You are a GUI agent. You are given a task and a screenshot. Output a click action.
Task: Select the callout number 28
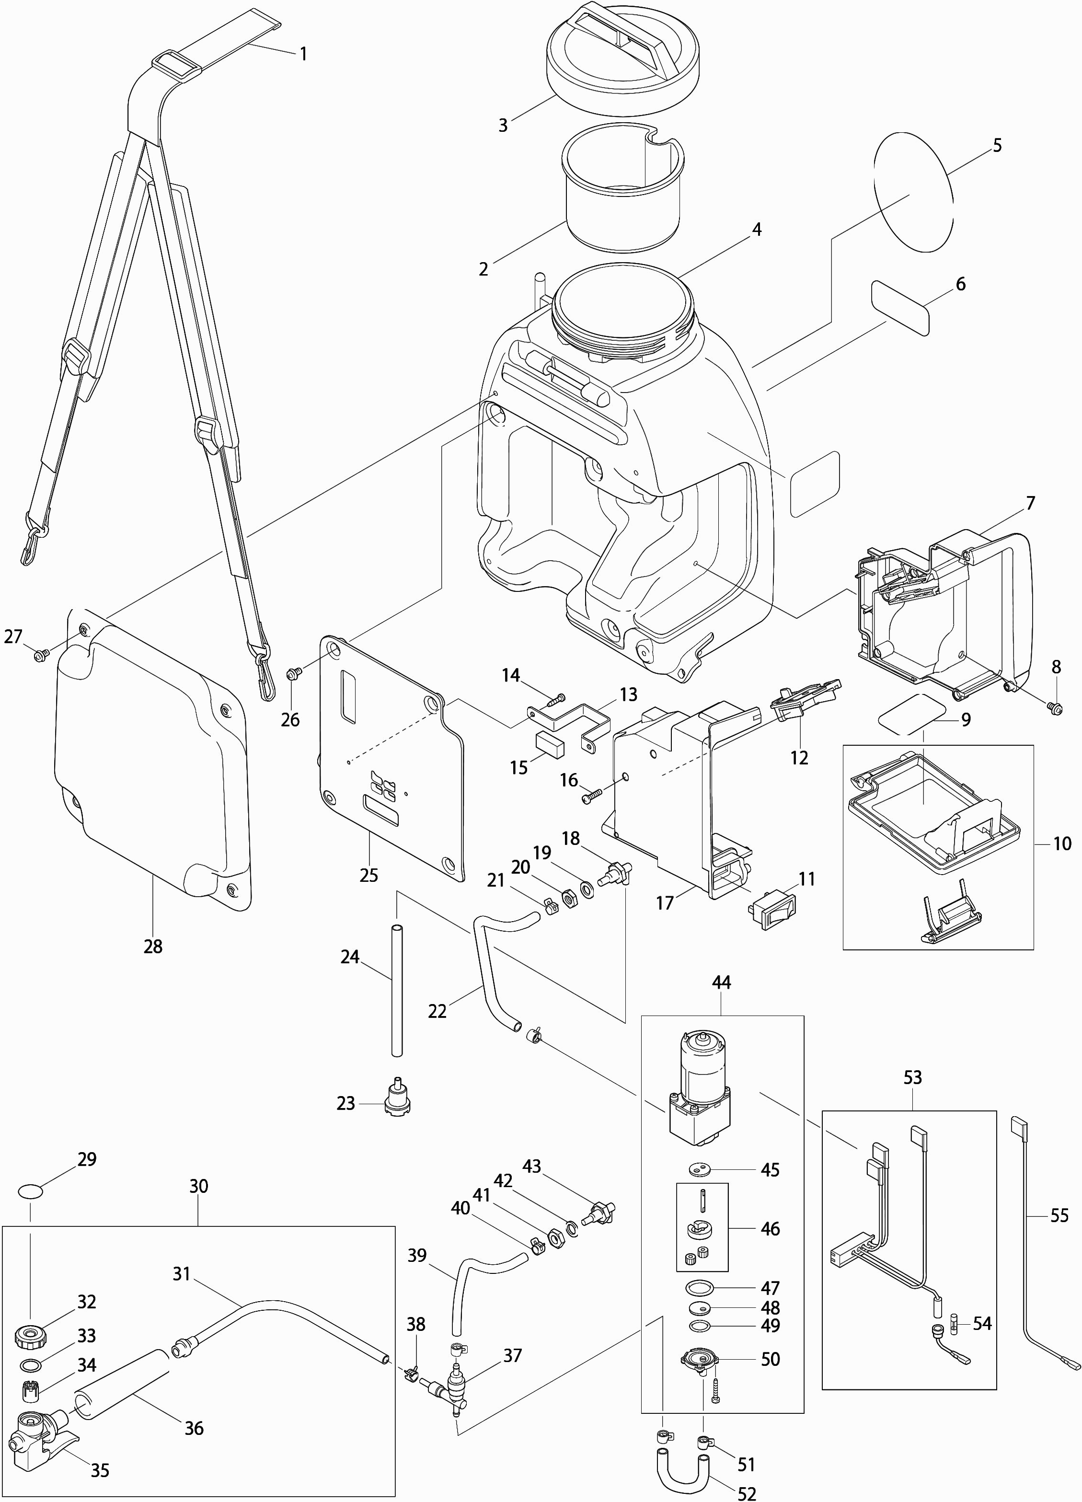[153, 947]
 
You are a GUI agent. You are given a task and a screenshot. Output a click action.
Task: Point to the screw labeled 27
[40, 655]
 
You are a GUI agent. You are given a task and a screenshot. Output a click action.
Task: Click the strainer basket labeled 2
[622, 199]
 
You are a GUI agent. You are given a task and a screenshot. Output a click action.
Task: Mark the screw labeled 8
[1056, 709]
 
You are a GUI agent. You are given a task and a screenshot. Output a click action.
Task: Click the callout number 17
[665, 902]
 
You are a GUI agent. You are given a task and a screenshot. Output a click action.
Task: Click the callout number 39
[417, 1256]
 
